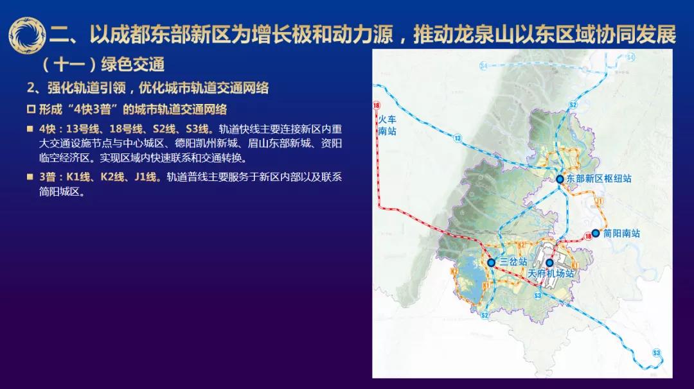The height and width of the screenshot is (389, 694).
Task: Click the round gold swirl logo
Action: [x=27, y=35]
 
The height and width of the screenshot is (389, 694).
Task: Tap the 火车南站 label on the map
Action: [x=387, y=125]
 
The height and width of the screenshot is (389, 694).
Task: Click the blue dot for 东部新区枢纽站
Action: [x=560, y=179]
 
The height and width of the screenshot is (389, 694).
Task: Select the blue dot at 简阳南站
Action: [x=596, y=233]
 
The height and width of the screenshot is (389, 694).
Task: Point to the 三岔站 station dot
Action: [x=491, y=263]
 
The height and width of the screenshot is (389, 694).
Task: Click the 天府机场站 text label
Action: [x=551, y=273]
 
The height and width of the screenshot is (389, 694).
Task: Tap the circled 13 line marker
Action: [x=458, y=139]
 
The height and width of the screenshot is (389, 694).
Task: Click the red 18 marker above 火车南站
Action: [x=376, y=105]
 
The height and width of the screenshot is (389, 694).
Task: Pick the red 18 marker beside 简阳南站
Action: [x=588, y=236]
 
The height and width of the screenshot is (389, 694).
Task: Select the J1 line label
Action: [x=600, y=202]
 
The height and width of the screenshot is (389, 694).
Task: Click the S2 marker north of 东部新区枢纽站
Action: [x=573, y=105]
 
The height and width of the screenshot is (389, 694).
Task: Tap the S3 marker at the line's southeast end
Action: [x=656, y=353]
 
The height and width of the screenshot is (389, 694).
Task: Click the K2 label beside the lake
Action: [x=454, y=272]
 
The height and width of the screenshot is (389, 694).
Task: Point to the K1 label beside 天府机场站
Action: [x=574, y=265]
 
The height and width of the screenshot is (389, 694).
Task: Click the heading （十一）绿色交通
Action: [x=103, y=65]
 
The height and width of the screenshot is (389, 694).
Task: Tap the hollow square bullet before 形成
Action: [x=31, y=109]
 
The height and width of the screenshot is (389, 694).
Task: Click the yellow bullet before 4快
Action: [x=30, y=128]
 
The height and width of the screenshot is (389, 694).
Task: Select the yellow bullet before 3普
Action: [x=30, y=177]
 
